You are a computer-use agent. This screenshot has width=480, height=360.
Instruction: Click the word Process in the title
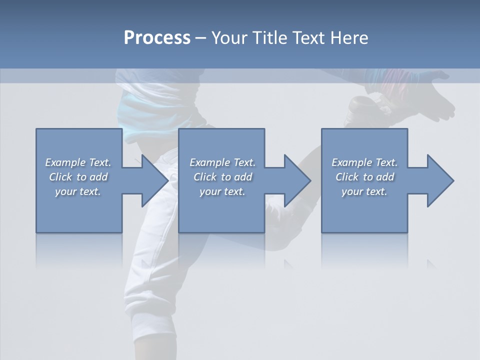point(157,37)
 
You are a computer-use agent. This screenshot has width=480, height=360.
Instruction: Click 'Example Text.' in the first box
point(78,162)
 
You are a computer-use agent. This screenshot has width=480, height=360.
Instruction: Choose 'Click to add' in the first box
point(78,177)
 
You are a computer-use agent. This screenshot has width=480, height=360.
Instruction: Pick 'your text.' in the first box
point(78,191)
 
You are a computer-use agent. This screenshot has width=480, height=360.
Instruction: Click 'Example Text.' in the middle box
point(222,162)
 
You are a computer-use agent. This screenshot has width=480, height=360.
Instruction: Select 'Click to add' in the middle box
point(222,177)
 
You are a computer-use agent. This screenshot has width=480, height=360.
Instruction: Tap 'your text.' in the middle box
point(222,191)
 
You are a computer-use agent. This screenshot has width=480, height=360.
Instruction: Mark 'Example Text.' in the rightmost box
point(364,162)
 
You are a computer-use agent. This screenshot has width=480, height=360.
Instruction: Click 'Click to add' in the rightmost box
point(364,177)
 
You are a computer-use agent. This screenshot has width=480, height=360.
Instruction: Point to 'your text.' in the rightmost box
point(364,191)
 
